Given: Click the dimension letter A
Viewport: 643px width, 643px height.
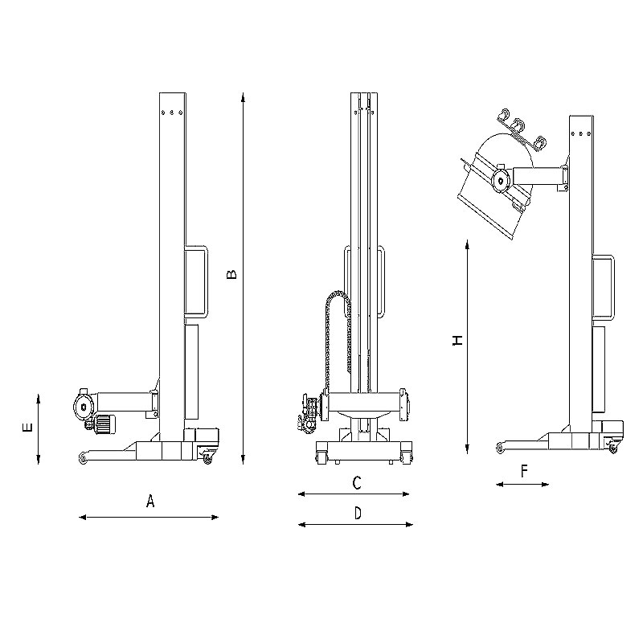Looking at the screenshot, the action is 150,501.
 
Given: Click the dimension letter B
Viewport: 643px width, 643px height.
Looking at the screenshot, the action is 231,274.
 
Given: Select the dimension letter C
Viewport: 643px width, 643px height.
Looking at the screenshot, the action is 357,483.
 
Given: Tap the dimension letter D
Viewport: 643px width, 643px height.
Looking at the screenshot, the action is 358,513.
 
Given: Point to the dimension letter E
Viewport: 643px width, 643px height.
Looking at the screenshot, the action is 27,428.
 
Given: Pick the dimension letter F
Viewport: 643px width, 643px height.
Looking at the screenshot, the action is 524,472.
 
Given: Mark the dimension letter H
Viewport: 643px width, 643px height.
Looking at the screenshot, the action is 457,340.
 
